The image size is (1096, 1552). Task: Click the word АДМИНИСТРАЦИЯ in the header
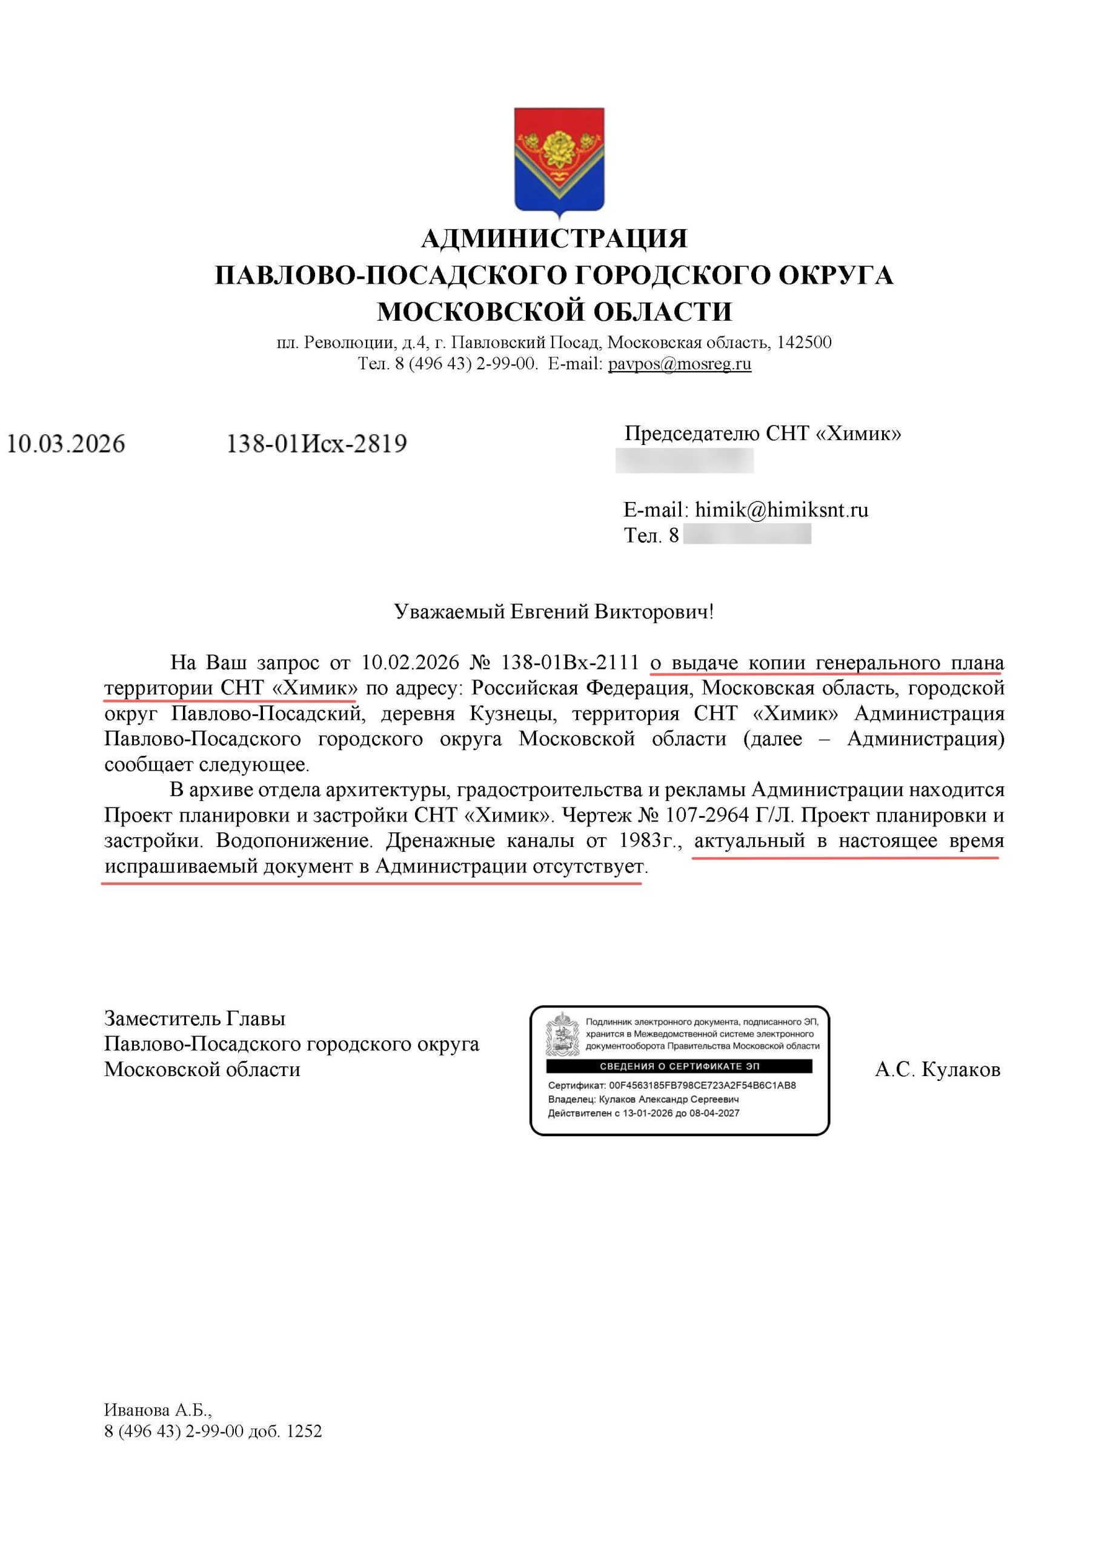554,239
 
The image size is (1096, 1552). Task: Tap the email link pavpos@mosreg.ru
679,364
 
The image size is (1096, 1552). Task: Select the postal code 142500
803,342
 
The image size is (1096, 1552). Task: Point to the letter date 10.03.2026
66,444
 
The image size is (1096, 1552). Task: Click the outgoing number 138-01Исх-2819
316,444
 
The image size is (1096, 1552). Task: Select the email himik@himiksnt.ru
781,510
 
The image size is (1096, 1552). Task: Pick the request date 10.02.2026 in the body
410,663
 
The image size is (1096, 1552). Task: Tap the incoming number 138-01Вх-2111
569,663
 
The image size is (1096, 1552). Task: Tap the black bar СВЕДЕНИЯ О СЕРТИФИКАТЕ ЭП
679,1066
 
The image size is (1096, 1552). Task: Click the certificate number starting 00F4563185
702,1085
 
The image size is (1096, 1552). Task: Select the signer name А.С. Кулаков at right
937,1069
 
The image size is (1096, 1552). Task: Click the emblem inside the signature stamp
562,1034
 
